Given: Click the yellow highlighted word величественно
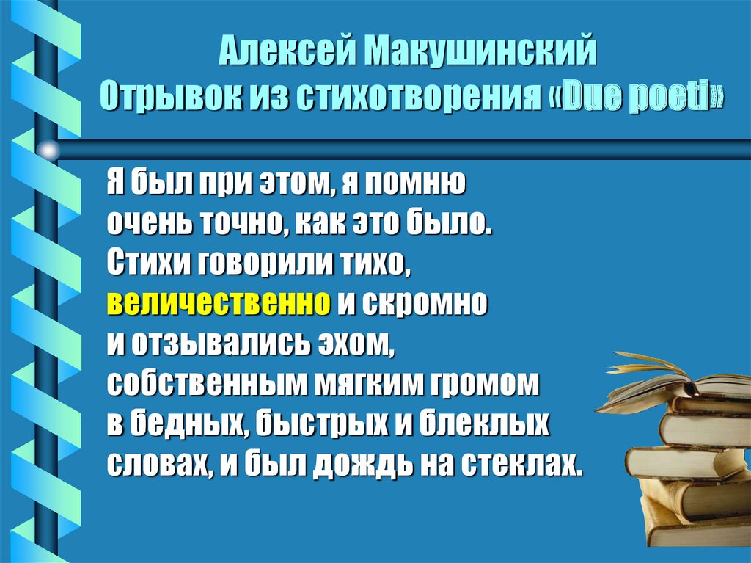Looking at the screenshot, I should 219,302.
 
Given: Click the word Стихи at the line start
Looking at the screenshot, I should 144,262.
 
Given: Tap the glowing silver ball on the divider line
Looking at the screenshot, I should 48,151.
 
